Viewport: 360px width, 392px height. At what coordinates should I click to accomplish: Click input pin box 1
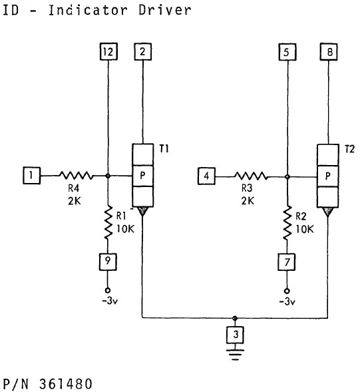coord(31,176)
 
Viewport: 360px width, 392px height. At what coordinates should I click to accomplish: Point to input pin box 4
coord(208,176)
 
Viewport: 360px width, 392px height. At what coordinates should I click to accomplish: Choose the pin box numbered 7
coord(286,262)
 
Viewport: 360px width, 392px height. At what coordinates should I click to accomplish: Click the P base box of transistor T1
coord(143,176)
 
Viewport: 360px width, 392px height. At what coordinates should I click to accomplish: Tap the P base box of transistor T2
coord(327,176)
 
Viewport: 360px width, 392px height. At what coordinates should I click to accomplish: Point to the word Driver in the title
coord(166,10)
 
